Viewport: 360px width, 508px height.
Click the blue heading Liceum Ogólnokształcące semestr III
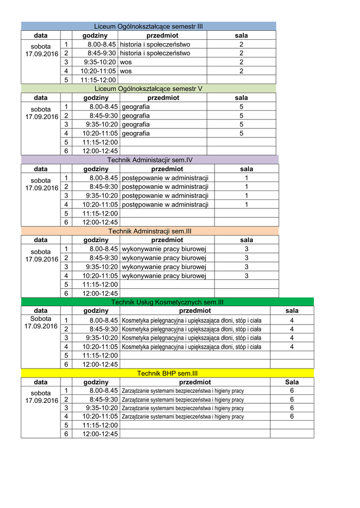(148, 26)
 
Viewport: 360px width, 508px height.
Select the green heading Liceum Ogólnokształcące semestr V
(148, 88)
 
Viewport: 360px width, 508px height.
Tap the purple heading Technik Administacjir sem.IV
(149, 160)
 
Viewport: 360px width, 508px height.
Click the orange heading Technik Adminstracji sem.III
(149, 231)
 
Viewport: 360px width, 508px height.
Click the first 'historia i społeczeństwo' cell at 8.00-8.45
(155, 44)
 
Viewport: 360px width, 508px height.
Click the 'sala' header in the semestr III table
(241, 36)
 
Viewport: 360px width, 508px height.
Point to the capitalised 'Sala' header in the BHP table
(292, 382)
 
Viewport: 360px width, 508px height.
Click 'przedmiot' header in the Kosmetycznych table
(195, 311)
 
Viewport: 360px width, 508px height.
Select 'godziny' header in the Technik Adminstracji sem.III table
(96, 240)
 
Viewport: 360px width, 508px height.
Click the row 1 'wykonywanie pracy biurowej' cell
(164, 249)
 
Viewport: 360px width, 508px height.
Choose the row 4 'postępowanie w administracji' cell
(165, 204)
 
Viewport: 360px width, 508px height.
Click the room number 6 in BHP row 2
(292, 399)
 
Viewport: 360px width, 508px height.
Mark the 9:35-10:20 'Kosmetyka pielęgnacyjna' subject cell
(192, 338)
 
